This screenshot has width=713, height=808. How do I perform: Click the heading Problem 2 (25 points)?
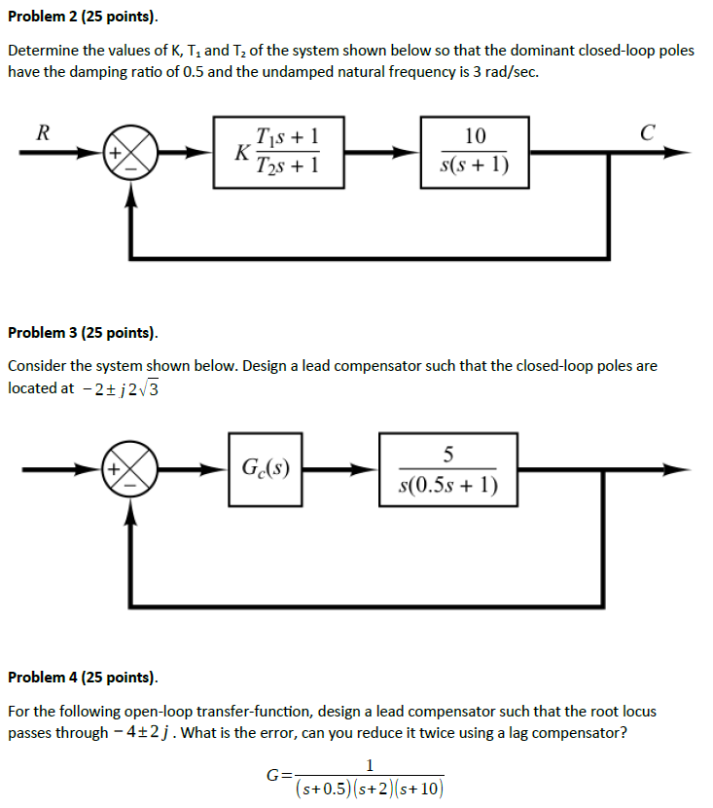click(x=81, y=18)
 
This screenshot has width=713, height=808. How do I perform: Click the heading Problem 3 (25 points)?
click(x=81, y=333)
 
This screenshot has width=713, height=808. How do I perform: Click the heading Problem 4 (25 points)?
click(x=81, y=677)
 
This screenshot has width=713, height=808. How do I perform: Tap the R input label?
click(x=42, y=133)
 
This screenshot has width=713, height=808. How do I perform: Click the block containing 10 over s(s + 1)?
click(x=476, y=152)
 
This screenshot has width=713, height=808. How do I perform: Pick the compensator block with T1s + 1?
click(x=277, y=152)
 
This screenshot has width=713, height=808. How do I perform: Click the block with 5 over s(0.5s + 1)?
click(x=446, y=470)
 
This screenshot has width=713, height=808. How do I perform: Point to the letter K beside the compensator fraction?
click(x=241, y=154)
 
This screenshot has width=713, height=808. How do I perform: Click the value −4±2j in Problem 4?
click(x=127, y=732)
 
